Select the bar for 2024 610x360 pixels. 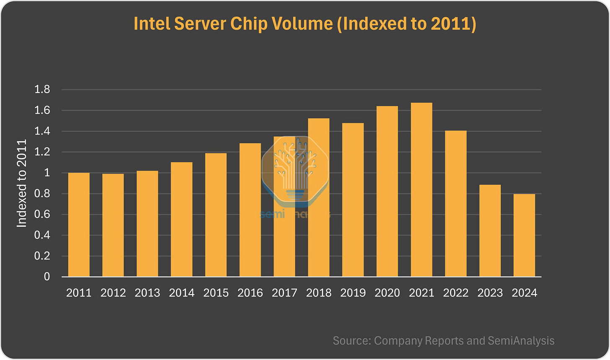point(524,235)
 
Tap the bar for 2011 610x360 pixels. point(79,225)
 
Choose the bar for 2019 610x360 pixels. point(353,200)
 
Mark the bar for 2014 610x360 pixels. point(181,219)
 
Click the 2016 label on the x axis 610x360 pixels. point(250,293)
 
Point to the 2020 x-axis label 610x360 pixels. point(387,293)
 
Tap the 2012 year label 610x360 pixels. point(113,293)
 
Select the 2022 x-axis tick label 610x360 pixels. point(456,293)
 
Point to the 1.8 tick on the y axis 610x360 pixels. point(42,90)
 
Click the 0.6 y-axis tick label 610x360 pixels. point(42,215)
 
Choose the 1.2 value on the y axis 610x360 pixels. point(42,152)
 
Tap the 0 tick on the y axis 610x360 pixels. point(47,277)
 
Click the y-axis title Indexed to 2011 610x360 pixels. point(22,184)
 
